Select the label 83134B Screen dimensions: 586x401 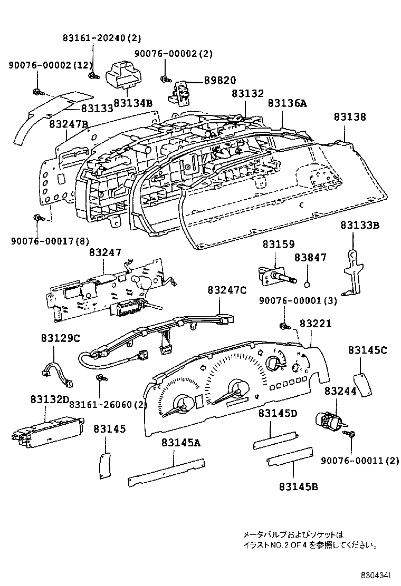[132, 103]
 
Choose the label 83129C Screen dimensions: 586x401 [61, 338]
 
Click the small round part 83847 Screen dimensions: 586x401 [307, 286]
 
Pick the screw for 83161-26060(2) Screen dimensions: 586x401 [99, 378]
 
